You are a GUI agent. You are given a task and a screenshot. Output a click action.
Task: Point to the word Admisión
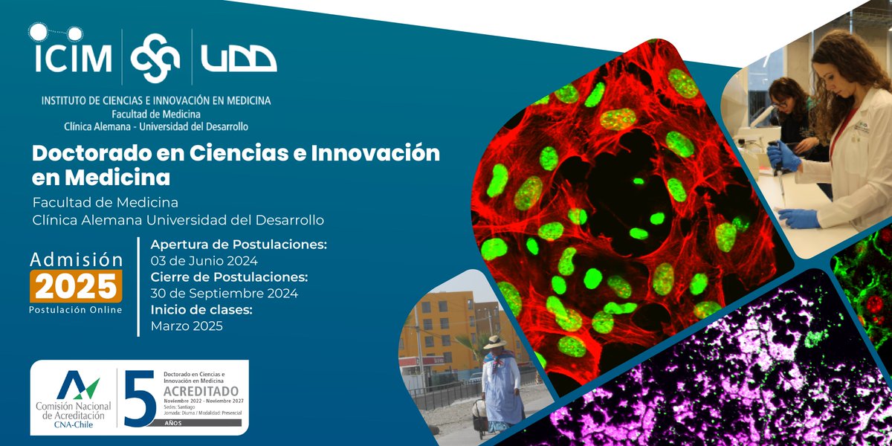click(76, 259)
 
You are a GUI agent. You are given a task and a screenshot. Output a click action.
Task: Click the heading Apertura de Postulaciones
click(239, 245)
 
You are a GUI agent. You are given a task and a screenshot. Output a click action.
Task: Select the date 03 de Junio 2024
click(204, 261)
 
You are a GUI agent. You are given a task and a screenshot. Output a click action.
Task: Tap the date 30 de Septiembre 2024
click(224, 294)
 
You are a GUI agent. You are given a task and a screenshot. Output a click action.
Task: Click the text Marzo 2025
click(187, 326)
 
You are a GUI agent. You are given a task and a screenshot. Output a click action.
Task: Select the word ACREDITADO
click(201, 391)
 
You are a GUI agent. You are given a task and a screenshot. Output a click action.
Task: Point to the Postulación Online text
click(76, 309)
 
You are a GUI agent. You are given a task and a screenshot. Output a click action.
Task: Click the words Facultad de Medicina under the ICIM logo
click(156, 114)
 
